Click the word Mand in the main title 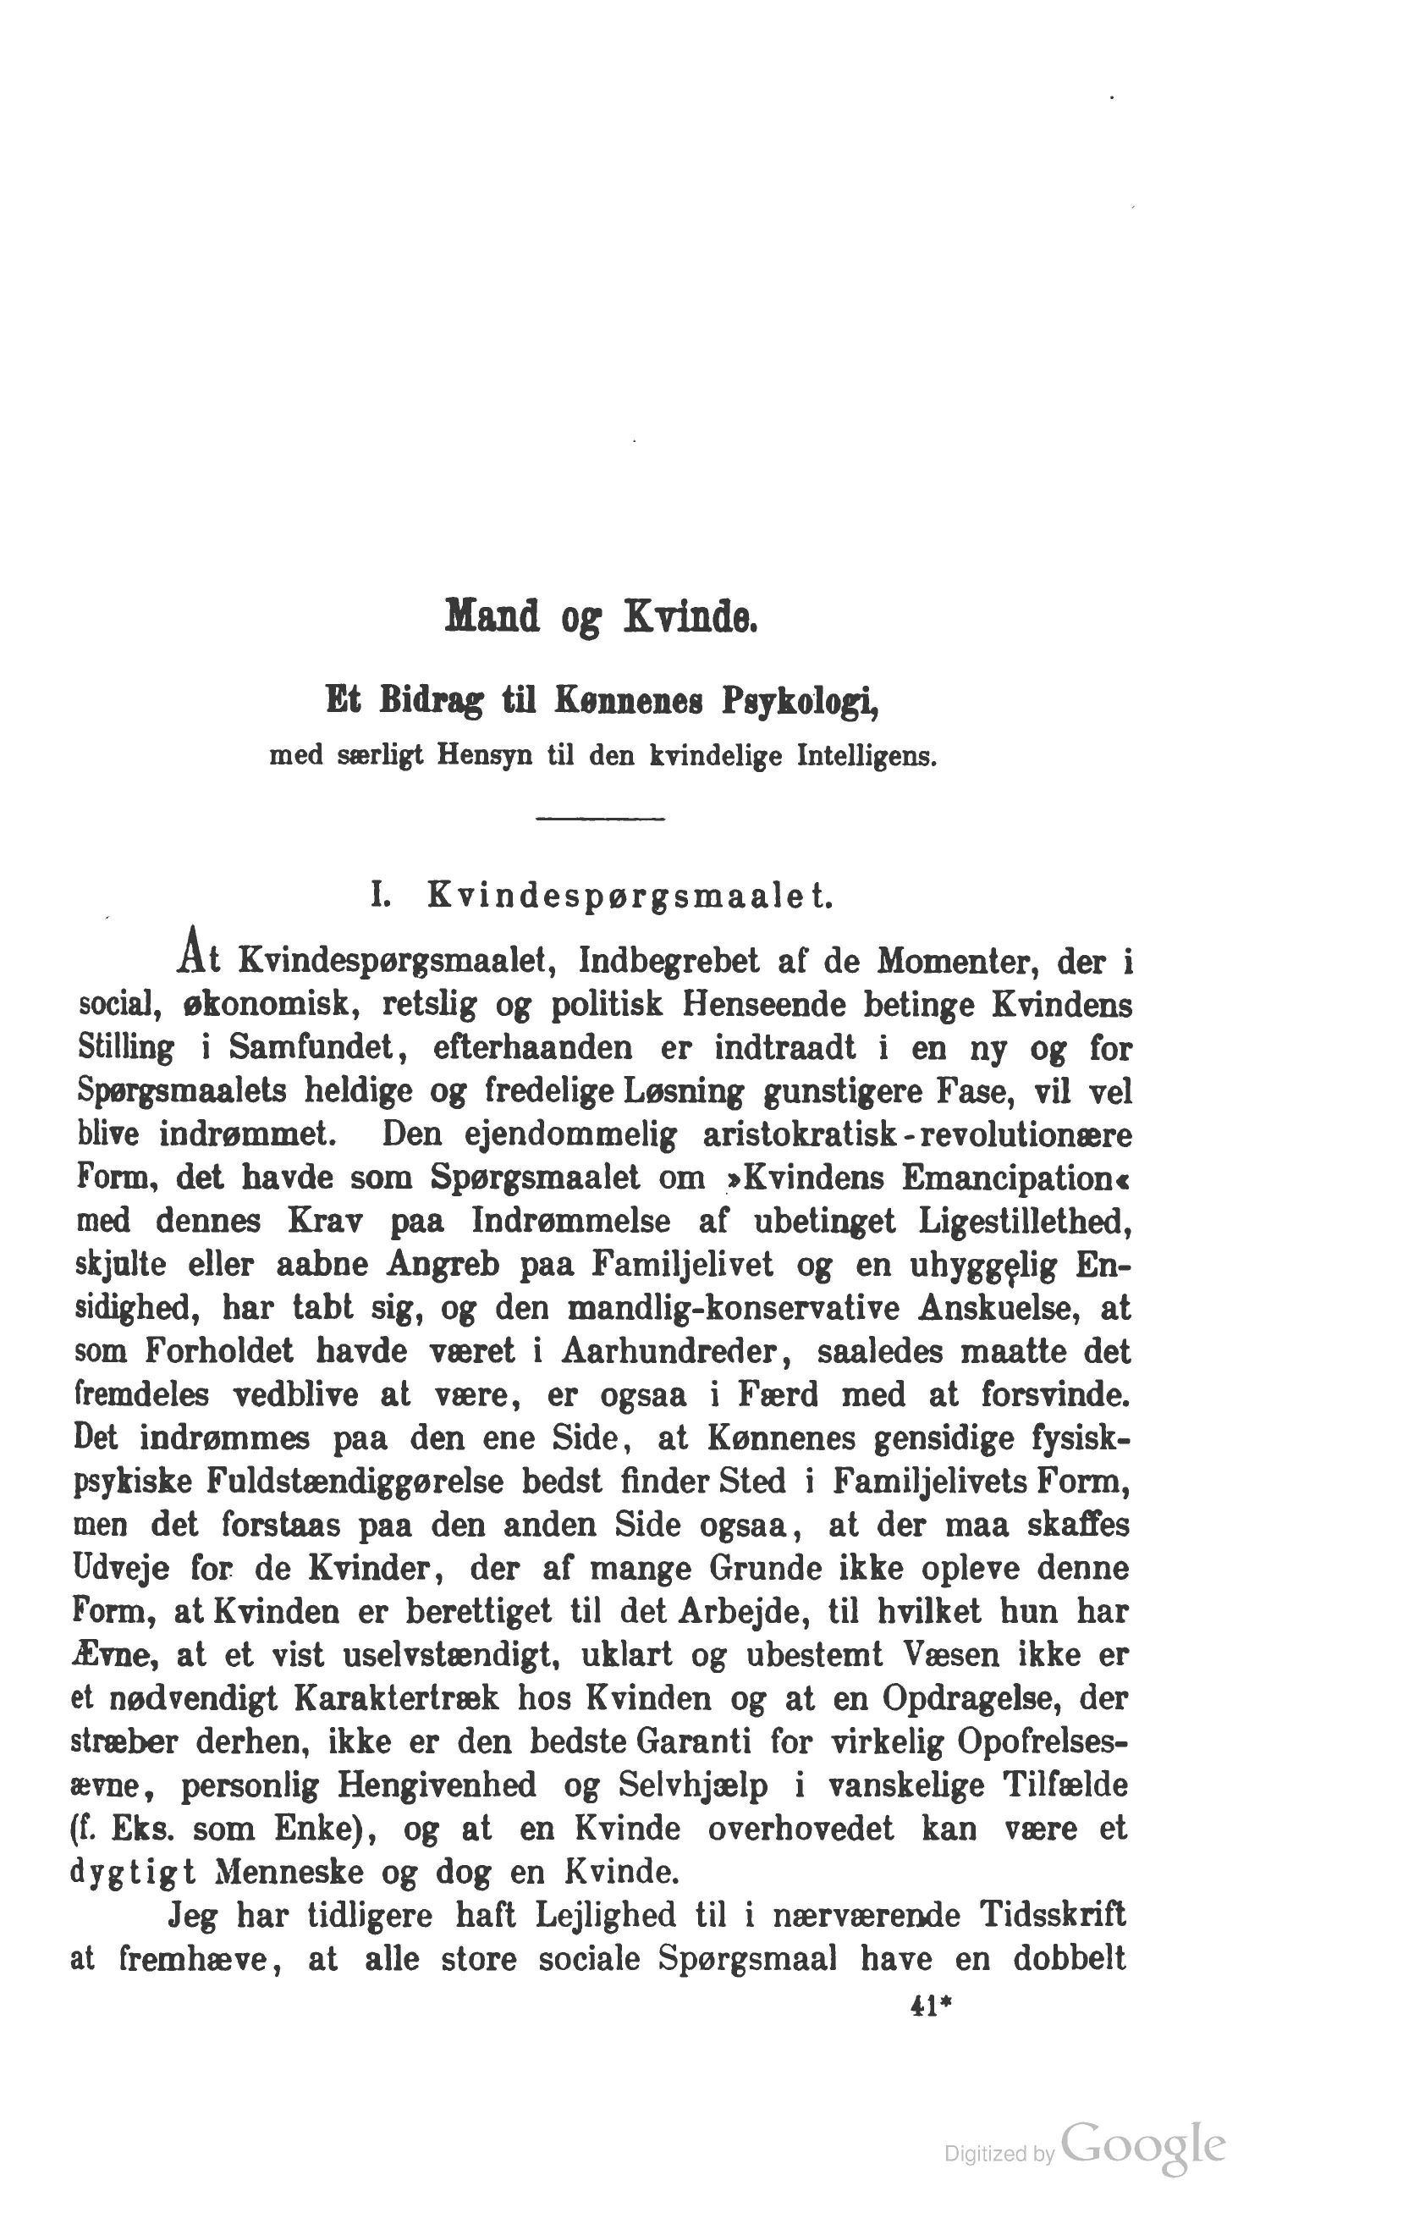[492, 616]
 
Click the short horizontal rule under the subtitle [599, 818]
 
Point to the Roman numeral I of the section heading [376, 895]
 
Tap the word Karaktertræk [397, 1698]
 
